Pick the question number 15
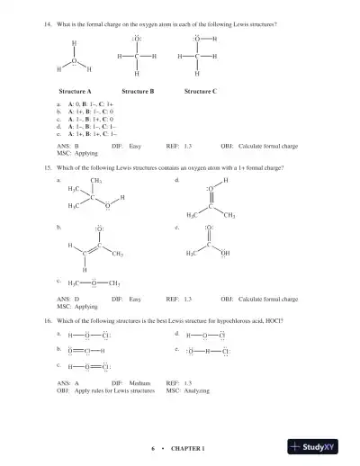46,168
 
